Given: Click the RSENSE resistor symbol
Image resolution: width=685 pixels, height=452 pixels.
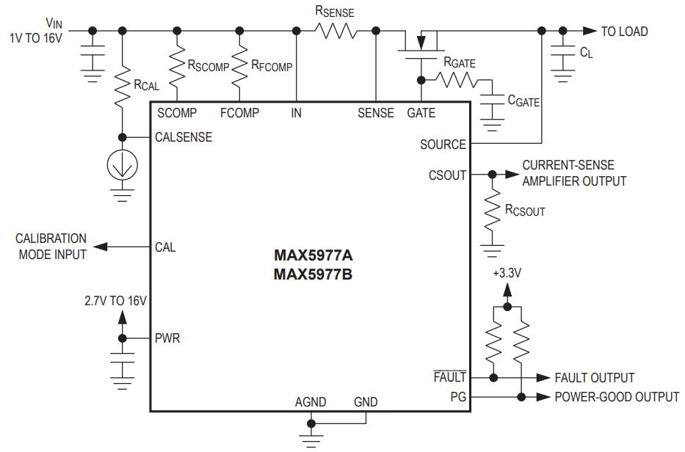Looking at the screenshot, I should click(336, 31).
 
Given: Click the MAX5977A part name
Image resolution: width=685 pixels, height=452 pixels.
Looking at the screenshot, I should click(313, 257).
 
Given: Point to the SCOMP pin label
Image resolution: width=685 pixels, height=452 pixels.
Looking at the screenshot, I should click(177, 113).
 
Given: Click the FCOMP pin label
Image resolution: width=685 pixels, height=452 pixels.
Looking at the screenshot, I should click(239, 113).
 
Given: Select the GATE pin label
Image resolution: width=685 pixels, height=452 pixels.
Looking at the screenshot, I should click(421, 113).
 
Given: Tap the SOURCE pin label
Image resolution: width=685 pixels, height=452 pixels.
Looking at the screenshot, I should click(443, 145).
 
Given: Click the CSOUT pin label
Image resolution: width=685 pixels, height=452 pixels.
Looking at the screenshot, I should click(447, 175).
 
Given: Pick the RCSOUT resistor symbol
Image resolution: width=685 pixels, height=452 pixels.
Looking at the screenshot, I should click(492, 214).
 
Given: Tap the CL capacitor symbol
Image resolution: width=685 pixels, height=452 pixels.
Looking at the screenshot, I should click(563, 54).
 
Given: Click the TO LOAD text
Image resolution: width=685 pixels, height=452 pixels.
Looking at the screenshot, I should click(624, 31).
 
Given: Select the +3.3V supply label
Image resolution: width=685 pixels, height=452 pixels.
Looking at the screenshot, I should click(507, 273).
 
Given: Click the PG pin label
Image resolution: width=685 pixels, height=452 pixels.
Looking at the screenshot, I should click(458, 397).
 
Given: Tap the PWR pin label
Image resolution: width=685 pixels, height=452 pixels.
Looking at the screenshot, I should click(167, 338).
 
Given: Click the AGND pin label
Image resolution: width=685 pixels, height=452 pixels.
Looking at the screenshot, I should click(311, 402).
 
